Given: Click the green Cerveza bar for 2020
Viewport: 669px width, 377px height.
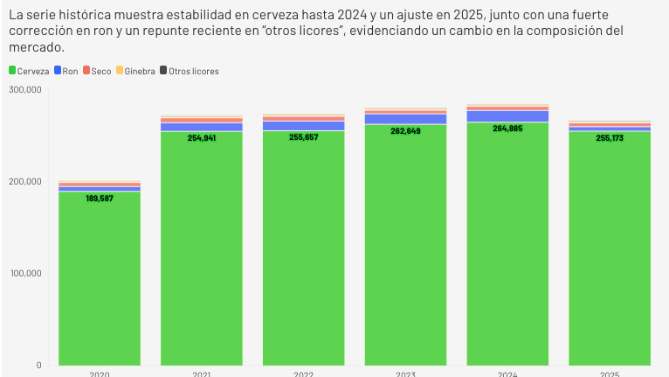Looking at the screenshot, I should click(x=100, y=280).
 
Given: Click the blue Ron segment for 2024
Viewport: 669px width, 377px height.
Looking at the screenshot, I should click(x=507, y=116).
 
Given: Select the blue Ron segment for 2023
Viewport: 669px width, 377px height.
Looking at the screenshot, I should click(x=405, y=119).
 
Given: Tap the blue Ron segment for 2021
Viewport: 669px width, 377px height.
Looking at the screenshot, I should click(x=202, y=127).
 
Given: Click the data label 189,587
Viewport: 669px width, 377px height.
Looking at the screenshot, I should click(x=100, y=199).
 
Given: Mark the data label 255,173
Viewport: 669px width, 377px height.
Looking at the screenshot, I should click(x=610, y=137).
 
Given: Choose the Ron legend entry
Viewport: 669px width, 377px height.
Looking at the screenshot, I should click(x=66, y=71).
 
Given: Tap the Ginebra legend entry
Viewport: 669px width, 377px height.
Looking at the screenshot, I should click(x=134, y=71).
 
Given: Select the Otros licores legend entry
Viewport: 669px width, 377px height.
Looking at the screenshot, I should click(x=189, y=71).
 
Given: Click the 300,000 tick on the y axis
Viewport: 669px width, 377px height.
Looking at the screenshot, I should click(x=25, y=89).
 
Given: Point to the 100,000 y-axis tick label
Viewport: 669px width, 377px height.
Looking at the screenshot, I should click(x=25, y=273).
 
